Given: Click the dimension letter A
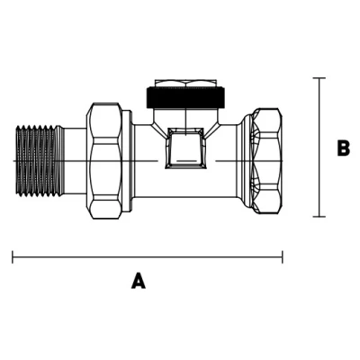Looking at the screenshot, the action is tap(139, 281).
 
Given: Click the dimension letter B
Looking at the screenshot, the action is tap(343, 148).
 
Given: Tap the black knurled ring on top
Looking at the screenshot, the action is tap(186, 97).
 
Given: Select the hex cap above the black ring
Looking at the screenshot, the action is tap(185, 83).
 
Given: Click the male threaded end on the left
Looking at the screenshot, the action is tap(39, 161).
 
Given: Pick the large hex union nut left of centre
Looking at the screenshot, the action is tap(104, 161).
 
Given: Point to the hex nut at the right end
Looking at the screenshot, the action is tap(267, 161).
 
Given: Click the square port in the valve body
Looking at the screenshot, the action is tap(185, 148).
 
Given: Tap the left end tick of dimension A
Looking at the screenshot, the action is tap(13, 256).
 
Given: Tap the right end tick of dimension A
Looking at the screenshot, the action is tap(283, 256).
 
